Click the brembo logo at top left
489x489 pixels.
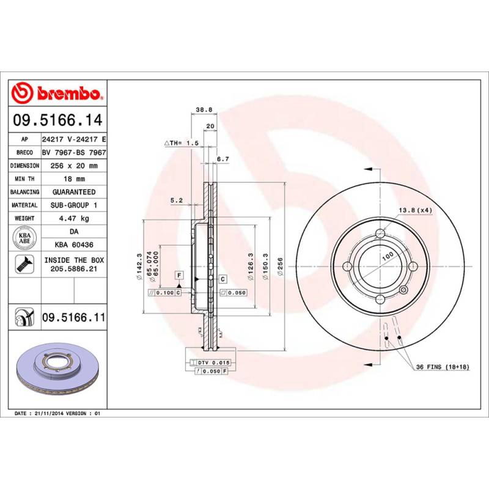tap(59, 94)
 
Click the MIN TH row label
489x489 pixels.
tap(25, 179)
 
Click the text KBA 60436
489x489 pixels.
tap(74, 245)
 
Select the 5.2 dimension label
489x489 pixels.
tap(177, 199)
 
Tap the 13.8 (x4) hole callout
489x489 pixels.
tap(416, 211)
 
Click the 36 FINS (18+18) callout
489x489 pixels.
tap(442, 367)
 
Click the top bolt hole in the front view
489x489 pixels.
tap(380, 233)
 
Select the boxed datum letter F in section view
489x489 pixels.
tap(179, 275)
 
